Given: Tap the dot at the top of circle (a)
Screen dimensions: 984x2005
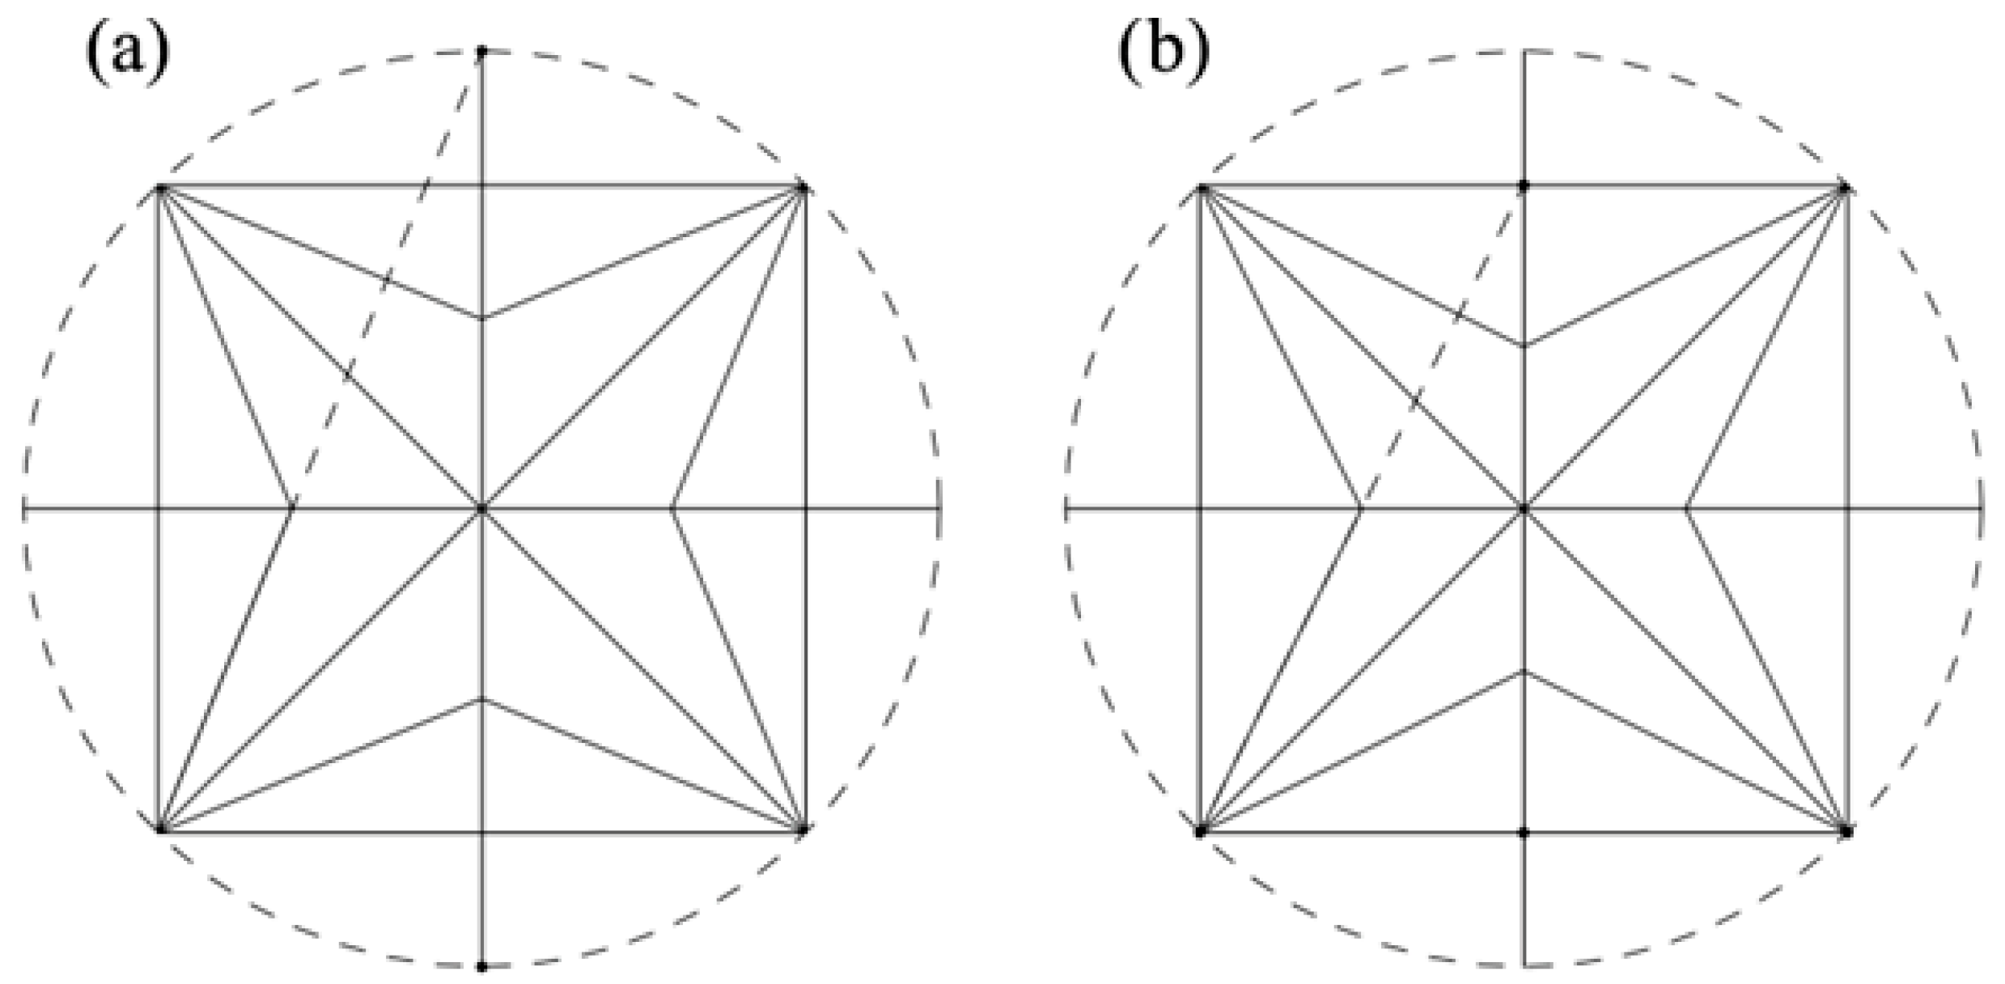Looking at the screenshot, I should [482, 52].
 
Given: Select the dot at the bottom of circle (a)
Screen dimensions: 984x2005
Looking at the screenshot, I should [482, 966].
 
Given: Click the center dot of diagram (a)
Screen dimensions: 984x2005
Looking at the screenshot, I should [482, 509].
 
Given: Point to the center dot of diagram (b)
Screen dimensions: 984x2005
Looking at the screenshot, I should [1524, 509].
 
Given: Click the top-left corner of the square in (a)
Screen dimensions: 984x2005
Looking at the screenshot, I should [160, 189].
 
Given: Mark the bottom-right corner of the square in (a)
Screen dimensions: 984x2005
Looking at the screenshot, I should [803, 829].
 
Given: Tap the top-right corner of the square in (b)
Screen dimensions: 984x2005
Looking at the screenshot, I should [1846, 189].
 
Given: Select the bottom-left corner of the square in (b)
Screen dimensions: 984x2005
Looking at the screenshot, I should [1201, 831].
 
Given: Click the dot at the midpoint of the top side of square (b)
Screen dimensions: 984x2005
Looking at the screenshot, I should [1524, 186].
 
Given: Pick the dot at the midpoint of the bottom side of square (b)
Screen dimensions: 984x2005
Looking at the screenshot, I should [1524, 832].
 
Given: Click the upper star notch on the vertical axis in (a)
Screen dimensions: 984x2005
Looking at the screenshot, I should [482, 318].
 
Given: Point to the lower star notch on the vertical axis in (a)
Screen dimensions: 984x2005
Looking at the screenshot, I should [482, 700].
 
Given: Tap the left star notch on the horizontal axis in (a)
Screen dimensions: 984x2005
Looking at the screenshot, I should [292, 509].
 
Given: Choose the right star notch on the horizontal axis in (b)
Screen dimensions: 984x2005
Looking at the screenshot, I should [1687, 509].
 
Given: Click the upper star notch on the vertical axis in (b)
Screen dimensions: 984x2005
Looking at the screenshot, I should [1524, 346].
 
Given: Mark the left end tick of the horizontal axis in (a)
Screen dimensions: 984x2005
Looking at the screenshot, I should [25, 509].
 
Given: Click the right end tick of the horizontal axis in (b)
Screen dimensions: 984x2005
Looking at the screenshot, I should [1980, 509].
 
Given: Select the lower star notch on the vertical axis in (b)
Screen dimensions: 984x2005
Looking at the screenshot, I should [1524, 672].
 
